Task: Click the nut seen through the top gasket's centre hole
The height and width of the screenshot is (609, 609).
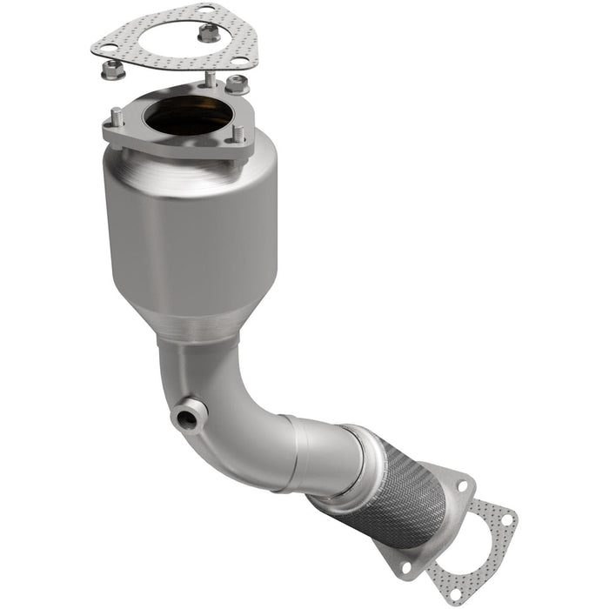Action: point(208,34)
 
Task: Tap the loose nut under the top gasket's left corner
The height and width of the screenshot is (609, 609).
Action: point(110,72)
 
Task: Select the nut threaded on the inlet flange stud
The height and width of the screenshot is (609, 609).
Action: point(237,84)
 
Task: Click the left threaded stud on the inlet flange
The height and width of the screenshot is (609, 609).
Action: point(116,116)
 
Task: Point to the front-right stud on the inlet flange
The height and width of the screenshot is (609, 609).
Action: point(237,135)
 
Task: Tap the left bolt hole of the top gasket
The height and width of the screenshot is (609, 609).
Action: point(108,48)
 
